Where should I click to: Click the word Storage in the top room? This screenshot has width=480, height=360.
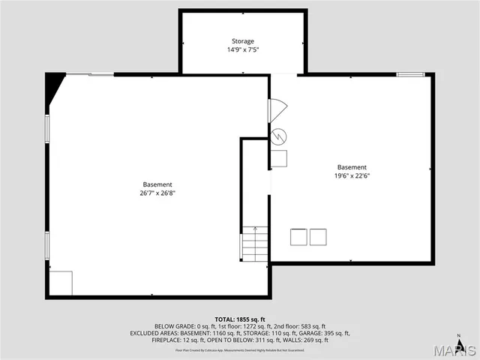pyautogui.click(x=242, y=41)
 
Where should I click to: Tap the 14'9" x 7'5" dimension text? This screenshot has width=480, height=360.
pyautogui.click(x=243, y=50)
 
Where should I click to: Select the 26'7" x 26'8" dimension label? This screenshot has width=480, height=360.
pyautogui.click(x=157, y=193)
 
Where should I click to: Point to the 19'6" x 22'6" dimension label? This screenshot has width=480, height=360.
pyautogui.click(x=352, y=176)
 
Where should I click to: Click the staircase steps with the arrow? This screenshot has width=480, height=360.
pyautogui.click(x=254, y=244)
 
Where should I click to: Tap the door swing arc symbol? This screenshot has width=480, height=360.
pyautogui.click(x=277, y=110)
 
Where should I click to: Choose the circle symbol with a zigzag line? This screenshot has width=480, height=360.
pyautogui.click(x=279, y=136)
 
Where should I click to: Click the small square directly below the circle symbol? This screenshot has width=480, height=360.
pyautogui.click(x=279, y=158)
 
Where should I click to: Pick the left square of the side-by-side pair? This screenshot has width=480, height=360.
pyautogui.click(x=298, y=237)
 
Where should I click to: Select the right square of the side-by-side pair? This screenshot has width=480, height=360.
pyautogui.click(x=318, y=237)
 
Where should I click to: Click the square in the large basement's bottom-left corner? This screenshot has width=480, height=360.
pyautogui.click(x=61, y=283)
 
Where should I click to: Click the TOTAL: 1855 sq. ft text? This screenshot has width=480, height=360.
pyautogui.click(x=240, y=319)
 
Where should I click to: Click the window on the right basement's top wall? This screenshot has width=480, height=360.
pyautogui.click(x=410, y=74)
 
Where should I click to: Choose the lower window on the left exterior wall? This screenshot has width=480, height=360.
pyautogui.click(x=46, y=244)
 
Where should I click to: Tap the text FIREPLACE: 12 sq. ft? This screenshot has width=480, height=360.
pyautogui.click(x=178, y=340)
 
